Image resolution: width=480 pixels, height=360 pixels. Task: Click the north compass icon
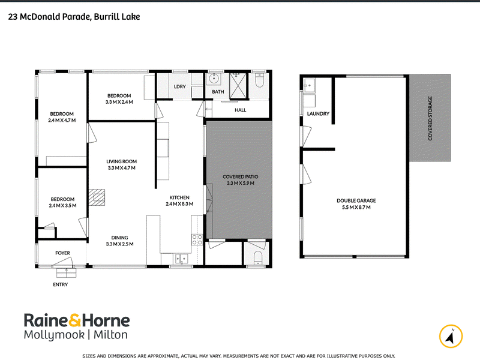pyautogui.click(x=451, y=336)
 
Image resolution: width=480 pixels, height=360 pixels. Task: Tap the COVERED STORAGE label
pyautogui.click(x=430, y=118)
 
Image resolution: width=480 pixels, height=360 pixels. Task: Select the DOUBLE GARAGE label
pyautogui.click(x=356, y=201)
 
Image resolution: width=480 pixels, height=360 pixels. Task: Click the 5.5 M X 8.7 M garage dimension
pyautogui.click(x=356, y=207)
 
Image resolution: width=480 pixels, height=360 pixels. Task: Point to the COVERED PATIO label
pyautogui.click(x=241, y=176)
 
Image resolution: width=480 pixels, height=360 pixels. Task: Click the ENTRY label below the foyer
pyautogui.click(x=61, y=284)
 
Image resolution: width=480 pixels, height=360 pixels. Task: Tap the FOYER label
pyautogui.click(x=63, y=253)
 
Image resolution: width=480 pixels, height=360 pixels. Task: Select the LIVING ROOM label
pyautogui.click(x=122, y=161)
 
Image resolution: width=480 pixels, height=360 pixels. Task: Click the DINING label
pyautogui.click(x=119, y=238)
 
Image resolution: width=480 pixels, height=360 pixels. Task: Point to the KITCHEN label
pyautogui.click(x=179, y=197)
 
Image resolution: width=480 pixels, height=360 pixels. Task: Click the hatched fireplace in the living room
pyautogui.click(x=97, y=197)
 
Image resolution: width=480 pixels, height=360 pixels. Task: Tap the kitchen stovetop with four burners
pyautogui.click(x=197, y=239)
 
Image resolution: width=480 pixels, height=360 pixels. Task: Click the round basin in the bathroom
pyautogui.click(x=213, y=79)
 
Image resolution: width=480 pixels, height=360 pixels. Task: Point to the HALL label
pyautogui.click(x=241, y=110)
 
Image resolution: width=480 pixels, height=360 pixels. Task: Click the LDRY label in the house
pyautogui.click(x=179, y=86)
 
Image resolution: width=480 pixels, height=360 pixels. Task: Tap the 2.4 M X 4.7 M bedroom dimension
pyautogui.click(x=62, y=121)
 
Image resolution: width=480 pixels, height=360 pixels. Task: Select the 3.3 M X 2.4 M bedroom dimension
pyautogui.click(x=119, y=102)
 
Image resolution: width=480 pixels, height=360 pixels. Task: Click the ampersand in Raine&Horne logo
pyautogui.click(x=74, y=320)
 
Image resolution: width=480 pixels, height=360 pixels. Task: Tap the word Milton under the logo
pyautogui.click(x=110, y=335)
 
